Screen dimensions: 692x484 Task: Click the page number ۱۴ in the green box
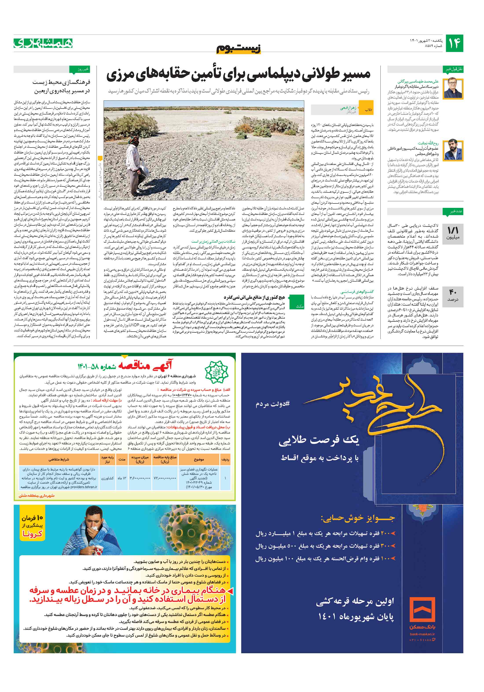click(x=454, y=43)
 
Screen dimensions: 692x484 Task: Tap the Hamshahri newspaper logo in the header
click(x=43, y=43)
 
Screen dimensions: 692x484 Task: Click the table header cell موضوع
click(x=199, y=460)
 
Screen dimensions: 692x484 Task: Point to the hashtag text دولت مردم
click(x=272, y=404)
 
